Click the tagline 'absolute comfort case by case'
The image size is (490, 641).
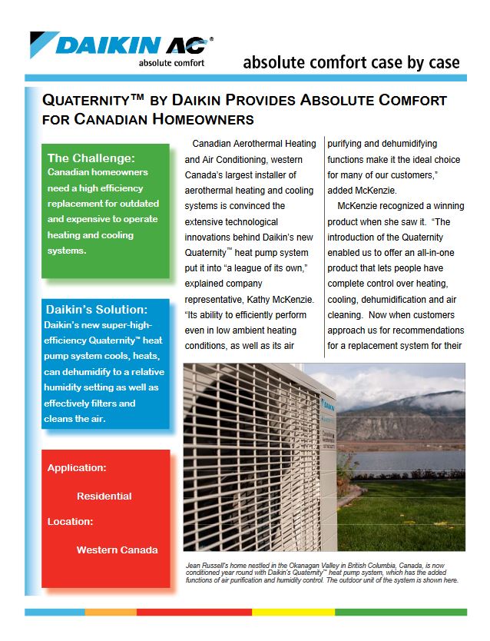coord(351,62)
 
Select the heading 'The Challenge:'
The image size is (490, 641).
coord(91,158)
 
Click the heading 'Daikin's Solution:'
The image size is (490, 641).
coord(97,310)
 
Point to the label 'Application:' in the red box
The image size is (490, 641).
coord(77,467)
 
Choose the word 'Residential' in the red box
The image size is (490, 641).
coord(104,496)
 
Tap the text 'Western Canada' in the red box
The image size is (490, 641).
coord(117,550)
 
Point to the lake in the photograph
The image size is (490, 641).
coord(399,460)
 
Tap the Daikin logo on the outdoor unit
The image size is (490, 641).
coord(326,400)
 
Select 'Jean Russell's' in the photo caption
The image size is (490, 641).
coord(209,566)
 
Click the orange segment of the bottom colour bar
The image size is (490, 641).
coord(111,612)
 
